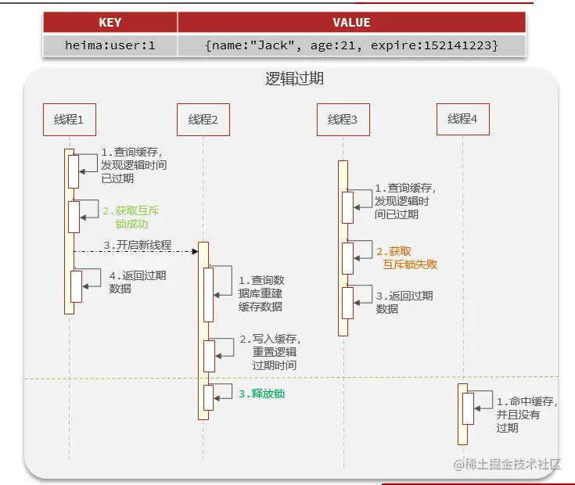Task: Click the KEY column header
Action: pyautogui.click(x=110, y=23)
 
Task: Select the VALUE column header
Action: pyautogui.click(x=352, y=23)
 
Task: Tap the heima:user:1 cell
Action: pyautogui.click(x=110, y=45)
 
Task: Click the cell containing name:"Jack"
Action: pyautogui.click(x=352, y=45)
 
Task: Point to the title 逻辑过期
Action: pyautogui.click(x=294, y=78)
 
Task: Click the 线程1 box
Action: pyautogui.click(x=70, y=120)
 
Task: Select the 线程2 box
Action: pyautogui.click(x=203, y=120)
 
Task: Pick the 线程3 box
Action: pyautogui.click(x=343, y=120)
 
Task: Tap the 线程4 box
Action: pyautogui.click(x=463, y=119)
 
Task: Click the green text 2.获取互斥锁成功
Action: pyautogui.click(x=131, y=217)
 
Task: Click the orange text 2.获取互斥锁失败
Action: pyautogui.click(x=407, y=257)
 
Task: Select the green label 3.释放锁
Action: pyautogui.click(x=262, y=393)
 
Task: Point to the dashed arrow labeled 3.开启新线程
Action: pyautogui.click(x=135, y=251)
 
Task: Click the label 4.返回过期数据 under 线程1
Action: pyautogui.click(x=138, y=282)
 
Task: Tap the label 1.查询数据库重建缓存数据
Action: pyautogui.click(x=261, y=293)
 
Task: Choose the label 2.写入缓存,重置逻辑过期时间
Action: pyautogui.click(x=270, y=352)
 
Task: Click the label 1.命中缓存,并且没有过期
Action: pyautogui.click(x=527, y=415)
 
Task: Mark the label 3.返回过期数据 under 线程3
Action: pyautogui.click(x=404, y=303)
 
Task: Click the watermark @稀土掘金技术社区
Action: pyautogui.click(x=507, y=465)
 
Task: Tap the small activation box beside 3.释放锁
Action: pyautogui.click(x=209, y=397)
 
